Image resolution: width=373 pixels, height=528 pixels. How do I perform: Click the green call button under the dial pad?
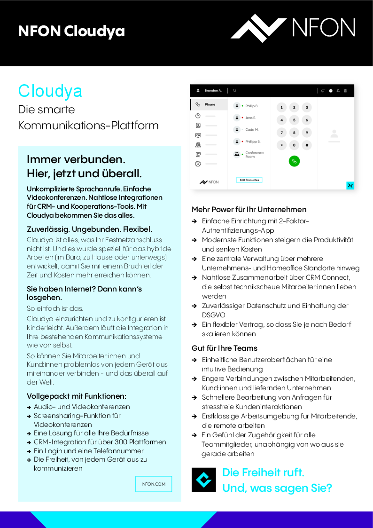tap(294, 161)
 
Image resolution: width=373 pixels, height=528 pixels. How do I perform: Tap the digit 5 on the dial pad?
tap(294, 120)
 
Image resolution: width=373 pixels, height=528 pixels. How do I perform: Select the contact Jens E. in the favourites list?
tap(250, 118)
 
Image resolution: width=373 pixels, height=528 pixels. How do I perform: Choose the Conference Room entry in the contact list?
tap(254, 154)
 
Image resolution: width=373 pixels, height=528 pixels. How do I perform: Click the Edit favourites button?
tap(249, 180)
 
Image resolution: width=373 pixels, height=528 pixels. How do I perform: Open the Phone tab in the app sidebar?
tap(210, 104)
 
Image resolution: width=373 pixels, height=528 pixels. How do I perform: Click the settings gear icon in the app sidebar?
tap(198, 164)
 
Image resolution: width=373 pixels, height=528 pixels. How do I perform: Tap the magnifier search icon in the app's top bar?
tap(234, 90)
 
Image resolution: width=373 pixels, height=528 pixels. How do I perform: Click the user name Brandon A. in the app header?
tap(212, 90)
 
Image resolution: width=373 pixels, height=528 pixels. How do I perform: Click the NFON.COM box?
tap(154, 484)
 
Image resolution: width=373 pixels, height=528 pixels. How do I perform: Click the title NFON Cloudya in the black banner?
tap(71, 32)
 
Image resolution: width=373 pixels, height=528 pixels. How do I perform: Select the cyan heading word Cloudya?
tap(50, 91)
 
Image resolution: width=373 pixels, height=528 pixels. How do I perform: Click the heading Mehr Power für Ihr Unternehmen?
tap(249, 209)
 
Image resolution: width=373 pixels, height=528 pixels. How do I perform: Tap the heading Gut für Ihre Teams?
tap(225, 348)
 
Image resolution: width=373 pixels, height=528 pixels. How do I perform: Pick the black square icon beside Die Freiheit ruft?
tap(204, 480)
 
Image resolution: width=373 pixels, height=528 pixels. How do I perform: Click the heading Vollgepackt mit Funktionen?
tap(77, 396)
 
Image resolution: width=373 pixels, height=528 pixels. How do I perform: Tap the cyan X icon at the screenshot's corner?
tap(350, 185)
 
